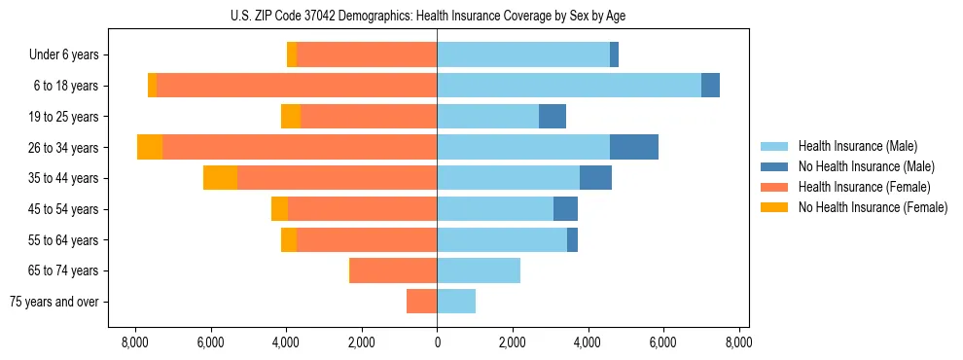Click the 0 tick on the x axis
tap(437, 342)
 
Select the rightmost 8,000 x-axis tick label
tap(738, 342)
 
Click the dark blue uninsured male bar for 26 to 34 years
tap(634, 147)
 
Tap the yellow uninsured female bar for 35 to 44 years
tap(220, 178)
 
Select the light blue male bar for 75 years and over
tap(456, 302)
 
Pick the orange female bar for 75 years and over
tap(421, 302)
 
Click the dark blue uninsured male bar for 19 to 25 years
tap(553, 117)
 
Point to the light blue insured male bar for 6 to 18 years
tap(569, 86)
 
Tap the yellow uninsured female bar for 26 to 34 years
tap(150, 147)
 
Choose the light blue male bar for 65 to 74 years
tap(479, 270)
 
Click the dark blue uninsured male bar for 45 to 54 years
tap(565, 209)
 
